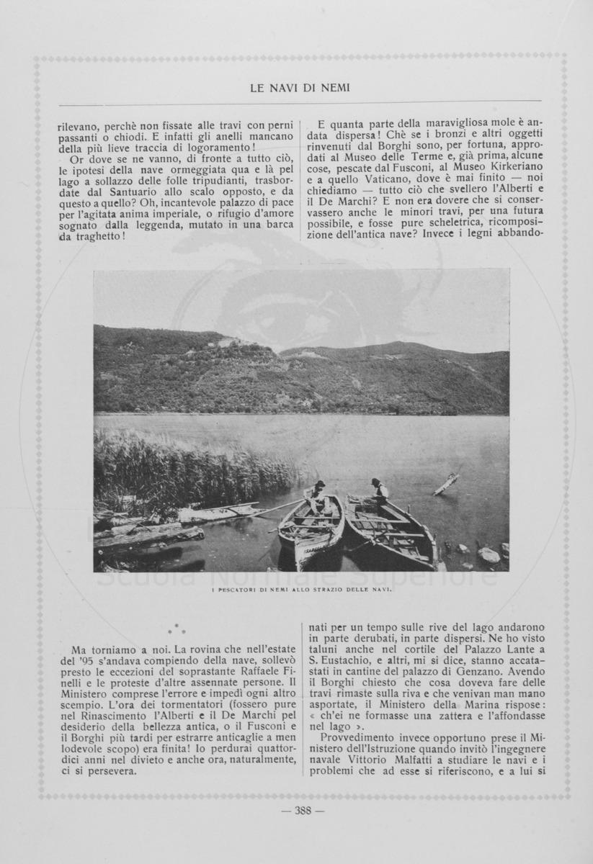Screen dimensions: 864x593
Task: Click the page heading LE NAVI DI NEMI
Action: (x=299, y=88)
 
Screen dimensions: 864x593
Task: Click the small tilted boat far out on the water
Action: (x=445, y=483)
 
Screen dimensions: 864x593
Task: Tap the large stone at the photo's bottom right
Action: (x=489, y=554)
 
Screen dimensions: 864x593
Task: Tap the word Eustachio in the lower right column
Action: (x=360, y=660)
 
